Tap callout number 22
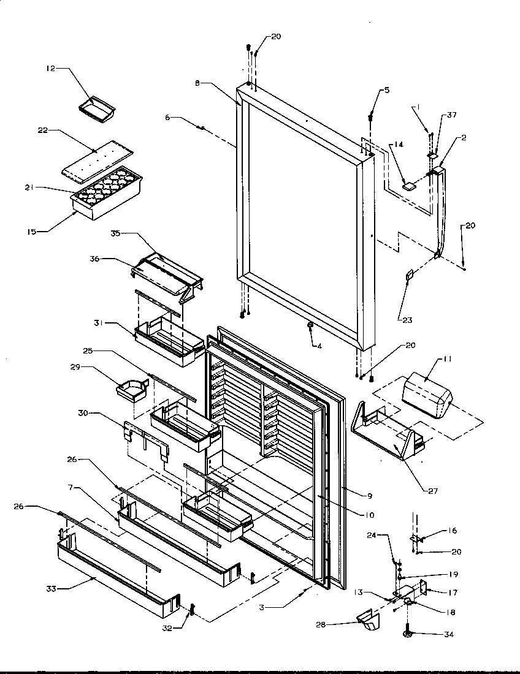[x=42, y=131]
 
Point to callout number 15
[x=31, y=232]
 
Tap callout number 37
[x=452, y=115]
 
